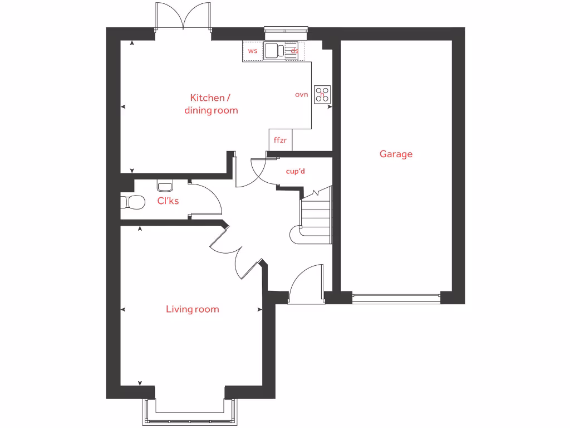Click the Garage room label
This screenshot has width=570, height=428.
tap(396, 154)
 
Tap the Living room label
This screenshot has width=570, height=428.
tap(192, 309)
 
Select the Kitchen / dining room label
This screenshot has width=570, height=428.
tap(211, 104)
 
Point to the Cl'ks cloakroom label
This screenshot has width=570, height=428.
tap(168, 201)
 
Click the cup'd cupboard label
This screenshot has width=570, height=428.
tap(295, 172)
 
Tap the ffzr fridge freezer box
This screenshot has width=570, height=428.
tap(280, 140)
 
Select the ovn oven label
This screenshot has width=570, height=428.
tap(301, 95)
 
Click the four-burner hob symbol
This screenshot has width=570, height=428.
tap(322, 94)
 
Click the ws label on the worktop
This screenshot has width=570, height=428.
tap(253, 51)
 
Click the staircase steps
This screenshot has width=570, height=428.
tap(316, 215)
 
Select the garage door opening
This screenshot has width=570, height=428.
tap(396, 298)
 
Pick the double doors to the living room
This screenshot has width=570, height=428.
tap(237, 254)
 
